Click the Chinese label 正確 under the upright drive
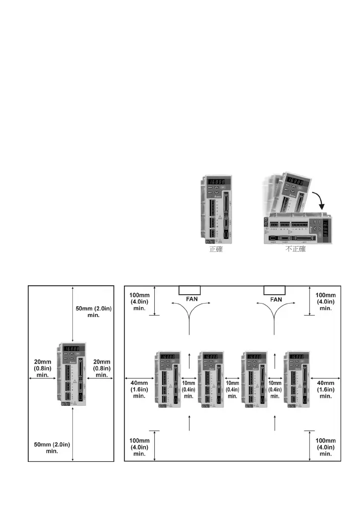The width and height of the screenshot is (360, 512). tap(216, 250)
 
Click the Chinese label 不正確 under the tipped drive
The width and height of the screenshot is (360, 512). tap(296, 249)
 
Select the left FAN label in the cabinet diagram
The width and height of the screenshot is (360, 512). tap(189, 300)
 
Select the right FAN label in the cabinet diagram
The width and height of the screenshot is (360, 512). tap(276, 300)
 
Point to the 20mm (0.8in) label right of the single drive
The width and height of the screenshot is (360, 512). tap(102, 369)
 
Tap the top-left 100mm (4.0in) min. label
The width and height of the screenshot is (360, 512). tap(139, 301)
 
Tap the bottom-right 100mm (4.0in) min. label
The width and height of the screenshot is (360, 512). tap(325, 447)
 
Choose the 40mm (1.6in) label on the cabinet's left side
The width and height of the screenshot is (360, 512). tap(139, 389)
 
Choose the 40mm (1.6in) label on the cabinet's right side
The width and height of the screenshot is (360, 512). tap(325, 389)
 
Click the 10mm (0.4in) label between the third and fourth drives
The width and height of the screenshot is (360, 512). tap(275, 389)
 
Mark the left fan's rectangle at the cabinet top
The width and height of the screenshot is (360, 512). tap(189, 290)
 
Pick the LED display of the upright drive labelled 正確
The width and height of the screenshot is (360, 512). tap(218, 183)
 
